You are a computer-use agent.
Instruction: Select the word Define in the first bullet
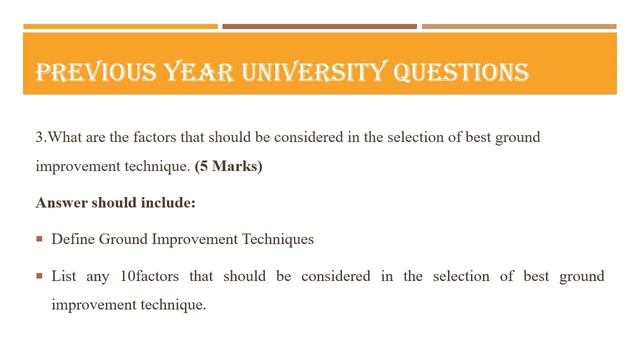pyautogui.click(x=71, y=239)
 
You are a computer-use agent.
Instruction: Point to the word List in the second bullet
pyautogui.click(x=64, y=275)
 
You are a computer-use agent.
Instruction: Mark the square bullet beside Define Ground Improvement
pyautogui.click(x=39, y=239)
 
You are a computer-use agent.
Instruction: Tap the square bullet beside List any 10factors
pyautogui.click(x=39, y=275)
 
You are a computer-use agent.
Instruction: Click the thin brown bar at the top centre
pyautogui.click(x=319, y=26)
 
